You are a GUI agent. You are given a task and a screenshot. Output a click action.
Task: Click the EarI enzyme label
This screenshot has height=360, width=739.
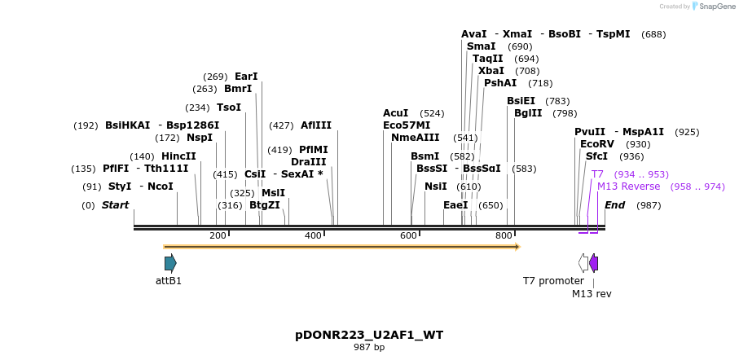tap(246, 77)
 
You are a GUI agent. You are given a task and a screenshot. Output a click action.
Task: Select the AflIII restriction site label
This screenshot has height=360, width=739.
tap(316, 125)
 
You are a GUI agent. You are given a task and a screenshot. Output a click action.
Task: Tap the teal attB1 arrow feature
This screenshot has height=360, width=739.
tap(170, 263)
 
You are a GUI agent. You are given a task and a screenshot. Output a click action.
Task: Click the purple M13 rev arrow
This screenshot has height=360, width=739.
tap(594, 263)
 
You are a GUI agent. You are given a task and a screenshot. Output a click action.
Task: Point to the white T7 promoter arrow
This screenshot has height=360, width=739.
tap(583, 263)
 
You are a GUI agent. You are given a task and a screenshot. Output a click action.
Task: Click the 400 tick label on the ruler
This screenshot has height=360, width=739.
tap(314, 236)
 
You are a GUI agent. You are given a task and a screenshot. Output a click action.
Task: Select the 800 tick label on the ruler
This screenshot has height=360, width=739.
tap(504, 236)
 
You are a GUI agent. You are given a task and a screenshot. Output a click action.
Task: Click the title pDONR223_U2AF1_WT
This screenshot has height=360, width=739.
tap(369, 335)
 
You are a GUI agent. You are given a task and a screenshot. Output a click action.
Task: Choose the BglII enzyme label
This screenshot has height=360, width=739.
tap(528, 113)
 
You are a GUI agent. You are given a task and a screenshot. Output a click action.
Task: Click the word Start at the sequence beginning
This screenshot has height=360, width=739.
tap(115, 205)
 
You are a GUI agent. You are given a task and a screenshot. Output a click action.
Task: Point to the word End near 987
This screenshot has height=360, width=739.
tap(615, 205)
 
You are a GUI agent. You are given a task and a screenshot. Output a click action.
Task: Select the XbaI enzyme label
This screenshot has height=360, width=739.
tap(491, 71)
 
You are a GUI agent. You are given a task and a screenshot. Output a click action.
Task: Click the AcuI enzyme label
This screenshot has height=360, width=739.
tap(396, 113)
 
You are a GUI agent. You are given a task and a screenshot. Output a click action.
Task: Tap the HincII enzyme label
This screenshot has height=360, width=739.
tap(178, 156)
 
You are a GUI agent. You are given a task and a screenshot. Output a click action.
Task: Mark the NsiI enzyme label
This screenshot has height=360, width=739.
tap(436, 187)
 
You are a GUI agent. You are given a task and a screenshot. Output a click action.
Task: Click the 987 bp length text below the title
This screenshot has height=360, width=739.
tap(369, 348)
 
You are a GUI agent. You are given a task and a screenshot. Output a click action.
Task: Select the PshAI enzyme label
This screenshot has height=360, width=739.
tap(500, 83)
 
